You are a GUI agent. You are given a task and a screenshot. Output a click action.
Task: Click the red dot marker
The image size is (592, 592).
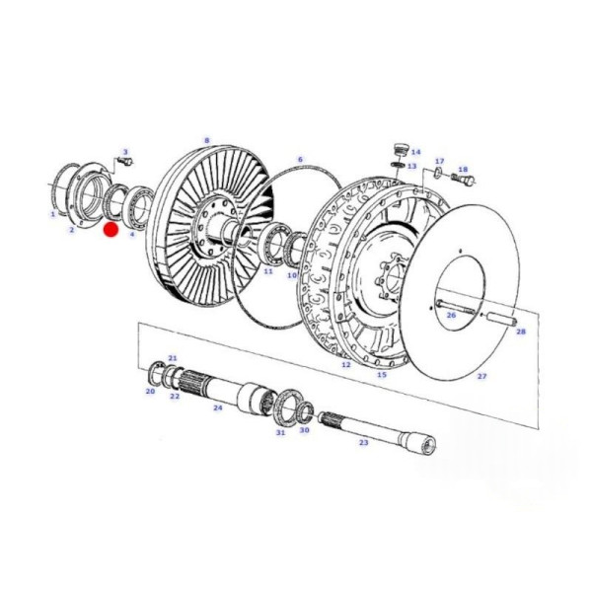click(111, 230)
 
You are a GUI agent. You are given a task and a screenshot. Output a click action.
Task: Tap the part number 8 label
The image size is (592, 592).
click(206, 141)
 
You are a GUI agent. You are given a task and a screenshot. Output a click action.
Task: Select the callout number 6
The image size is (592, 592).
click(300, 159)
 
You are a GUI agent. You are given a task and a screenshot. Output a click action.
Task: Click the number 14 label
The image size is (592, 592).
click(415, 152)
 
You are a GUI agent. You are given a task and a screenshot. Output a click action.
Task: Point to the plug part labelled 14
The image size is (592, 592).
click(399, 149)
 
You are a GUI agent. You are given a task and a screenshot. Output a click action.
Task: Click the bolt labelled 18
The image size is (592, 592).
click(463, 177)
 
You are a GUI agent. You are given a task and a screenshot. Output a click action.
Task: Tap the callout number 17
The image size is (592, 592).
click(440, 161)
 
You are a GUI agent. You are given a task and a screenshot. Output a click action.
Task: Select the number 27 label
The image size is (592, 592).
click(481, 376)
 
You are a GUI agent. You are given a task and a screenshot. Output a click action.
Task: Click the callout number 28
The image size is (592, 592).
click(521, 332)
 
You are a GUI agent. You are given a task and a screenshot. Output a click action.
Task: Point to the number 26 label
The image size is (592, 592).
click(451, 315)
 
